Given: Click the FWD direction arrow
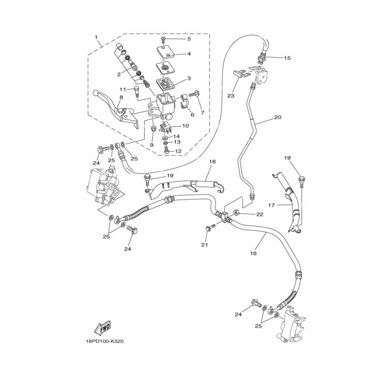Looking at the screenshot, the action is tap(103, 328).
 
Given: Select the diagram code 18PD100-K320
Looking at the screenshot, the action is tap(105, 341).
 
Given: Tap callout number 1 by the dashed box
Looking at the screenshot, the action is tap(96, 37).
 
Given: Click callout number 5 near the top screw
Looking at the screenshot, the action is tap(189, 39).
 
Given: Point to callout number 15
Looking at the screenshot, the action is tap(287, 58).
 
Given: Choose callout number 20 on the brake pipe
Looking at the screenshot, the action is tap(278, 117).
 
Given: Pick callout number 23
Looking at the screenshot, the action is tap(231, 96).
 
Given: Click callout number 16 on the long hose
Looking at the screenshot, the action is tap(254, 253).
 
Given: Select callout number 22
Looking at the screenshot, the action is tap(260, 214).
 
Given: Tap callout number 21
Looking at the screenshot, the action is tap(205, 245).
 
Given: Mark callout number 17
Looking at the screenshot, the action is tap(271, 205).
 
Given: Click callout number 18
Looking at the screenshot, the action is tap(213, 162).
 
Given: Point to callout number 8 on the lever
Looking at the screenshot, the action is tap(121, 98).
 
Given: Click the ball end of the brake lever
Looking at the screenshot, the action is tap(96, 93).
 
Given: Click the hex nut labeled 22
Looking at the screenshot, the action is tap(236, 213).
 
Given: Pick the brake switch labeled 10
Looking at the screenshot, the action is tap(165, 127).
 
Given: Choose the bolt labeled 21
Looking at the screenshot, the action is tap(210, 228).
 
